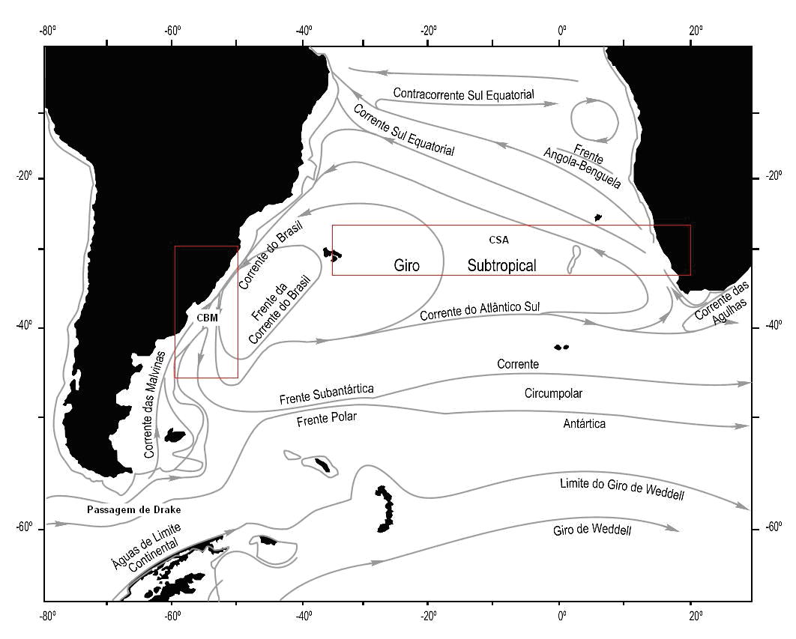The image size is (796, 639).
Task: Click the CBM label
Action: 207,318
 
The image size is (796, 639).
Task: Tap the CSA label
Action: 498,240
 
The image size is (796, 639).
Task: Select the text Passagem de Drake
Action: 133,509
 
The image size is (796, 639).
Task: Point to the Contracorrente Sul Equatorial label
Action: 463,94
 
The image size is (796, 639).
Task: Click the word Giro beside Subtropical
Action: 407,265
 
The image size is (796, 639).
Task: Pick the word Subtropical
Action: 501,265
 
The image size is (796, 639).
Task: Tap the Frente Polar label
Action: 327,420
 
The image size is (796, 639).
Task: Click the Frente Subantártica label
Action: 327,394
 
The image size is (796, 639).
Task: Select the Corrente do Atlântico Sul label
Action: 480,310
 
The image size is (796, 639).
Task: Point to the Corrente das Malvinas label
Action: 155,405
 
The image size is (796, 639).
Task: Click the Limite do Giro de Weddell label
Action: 622,488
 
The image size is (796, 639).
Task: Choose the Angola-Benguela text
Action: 582,168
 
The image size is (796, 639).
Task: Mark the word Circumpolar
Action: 553,393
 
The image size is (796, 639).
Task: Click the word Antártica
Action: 585,423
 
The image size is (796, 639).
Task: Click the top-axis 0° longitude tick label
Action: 561,31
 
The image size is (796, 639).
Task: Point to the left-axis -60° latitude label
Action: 24,528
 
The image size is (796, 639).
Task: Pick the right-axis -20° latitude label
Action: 774,176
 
